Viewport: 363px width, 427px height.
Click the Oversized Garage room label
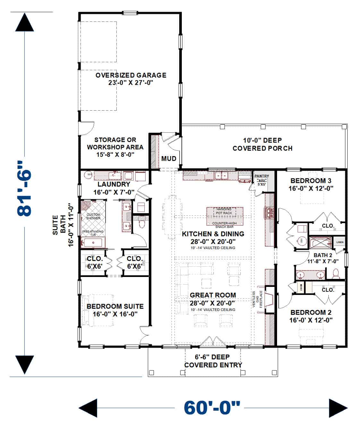(131, 79)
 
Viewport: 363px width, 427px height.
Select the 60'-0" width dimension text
(212, 408)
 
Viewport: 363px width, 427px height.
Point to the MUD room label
(169, 159)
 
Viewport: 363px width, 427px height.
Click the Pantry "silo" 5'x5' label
(262, 180)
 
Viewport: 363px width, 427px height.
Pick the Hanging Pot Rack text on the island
(224, 211)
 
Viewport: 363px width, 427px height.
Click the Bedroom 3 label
(311, 185)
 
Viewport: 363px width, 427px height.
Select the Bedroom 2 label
(311, 316)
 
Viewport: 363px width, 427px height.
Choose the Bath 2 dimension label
(323, 258)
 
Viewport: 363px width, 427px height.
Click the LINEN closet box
(340, 242)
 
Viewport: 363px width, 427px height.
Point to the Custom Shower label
(93, 216)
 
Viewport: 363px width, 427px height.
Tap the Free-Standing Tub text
(93, 233)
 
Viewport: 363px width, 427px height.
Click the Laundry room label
(114, 188)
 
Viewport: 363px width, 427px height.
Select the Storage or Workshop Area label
(115, 147)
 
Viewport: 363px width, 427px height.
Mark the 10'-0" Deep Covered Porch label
(262, 144)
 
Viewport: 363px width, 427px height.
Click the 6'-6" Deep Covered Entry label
(213, 361)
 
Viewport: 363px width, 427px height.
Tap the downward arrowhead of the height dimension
(24, 364)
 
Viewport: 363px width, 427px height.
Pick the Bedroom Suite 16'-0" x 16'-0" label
(115, 310)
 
